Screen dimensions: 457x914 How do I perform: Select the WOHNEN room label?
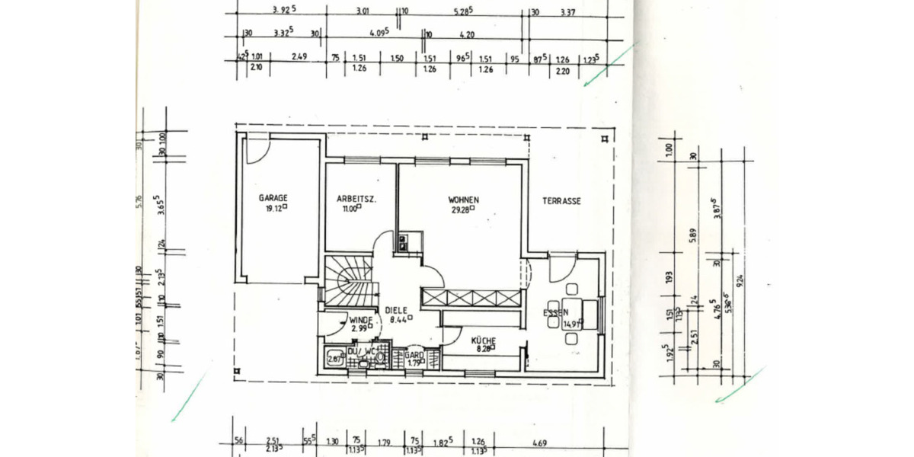click(463, 200)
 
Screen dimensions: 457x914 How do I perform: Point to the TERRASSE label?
click(561, 201)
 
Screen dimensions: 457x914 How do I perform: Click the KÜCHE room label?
click(484, 340)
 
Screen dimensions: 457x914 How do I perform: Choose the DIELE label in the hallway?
click(397, 310)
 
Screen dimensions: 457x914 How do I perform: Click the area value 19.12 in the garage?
click(274, 207)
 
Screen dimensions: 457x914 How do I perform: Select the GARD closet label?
click(414, 355)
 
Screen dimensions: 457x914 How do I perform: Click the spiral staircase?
click(349, 279)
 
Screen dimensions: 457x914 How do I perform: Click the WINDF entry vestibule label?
click(360, 320)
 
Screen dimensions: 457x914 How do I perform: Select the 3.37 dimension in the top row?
click(567, 12)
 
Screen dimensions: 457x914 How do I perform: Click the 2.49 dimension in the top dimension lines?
click(299, 56)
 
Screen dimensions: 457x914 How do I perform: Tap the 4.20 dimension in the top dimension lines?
click(467, 34)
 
